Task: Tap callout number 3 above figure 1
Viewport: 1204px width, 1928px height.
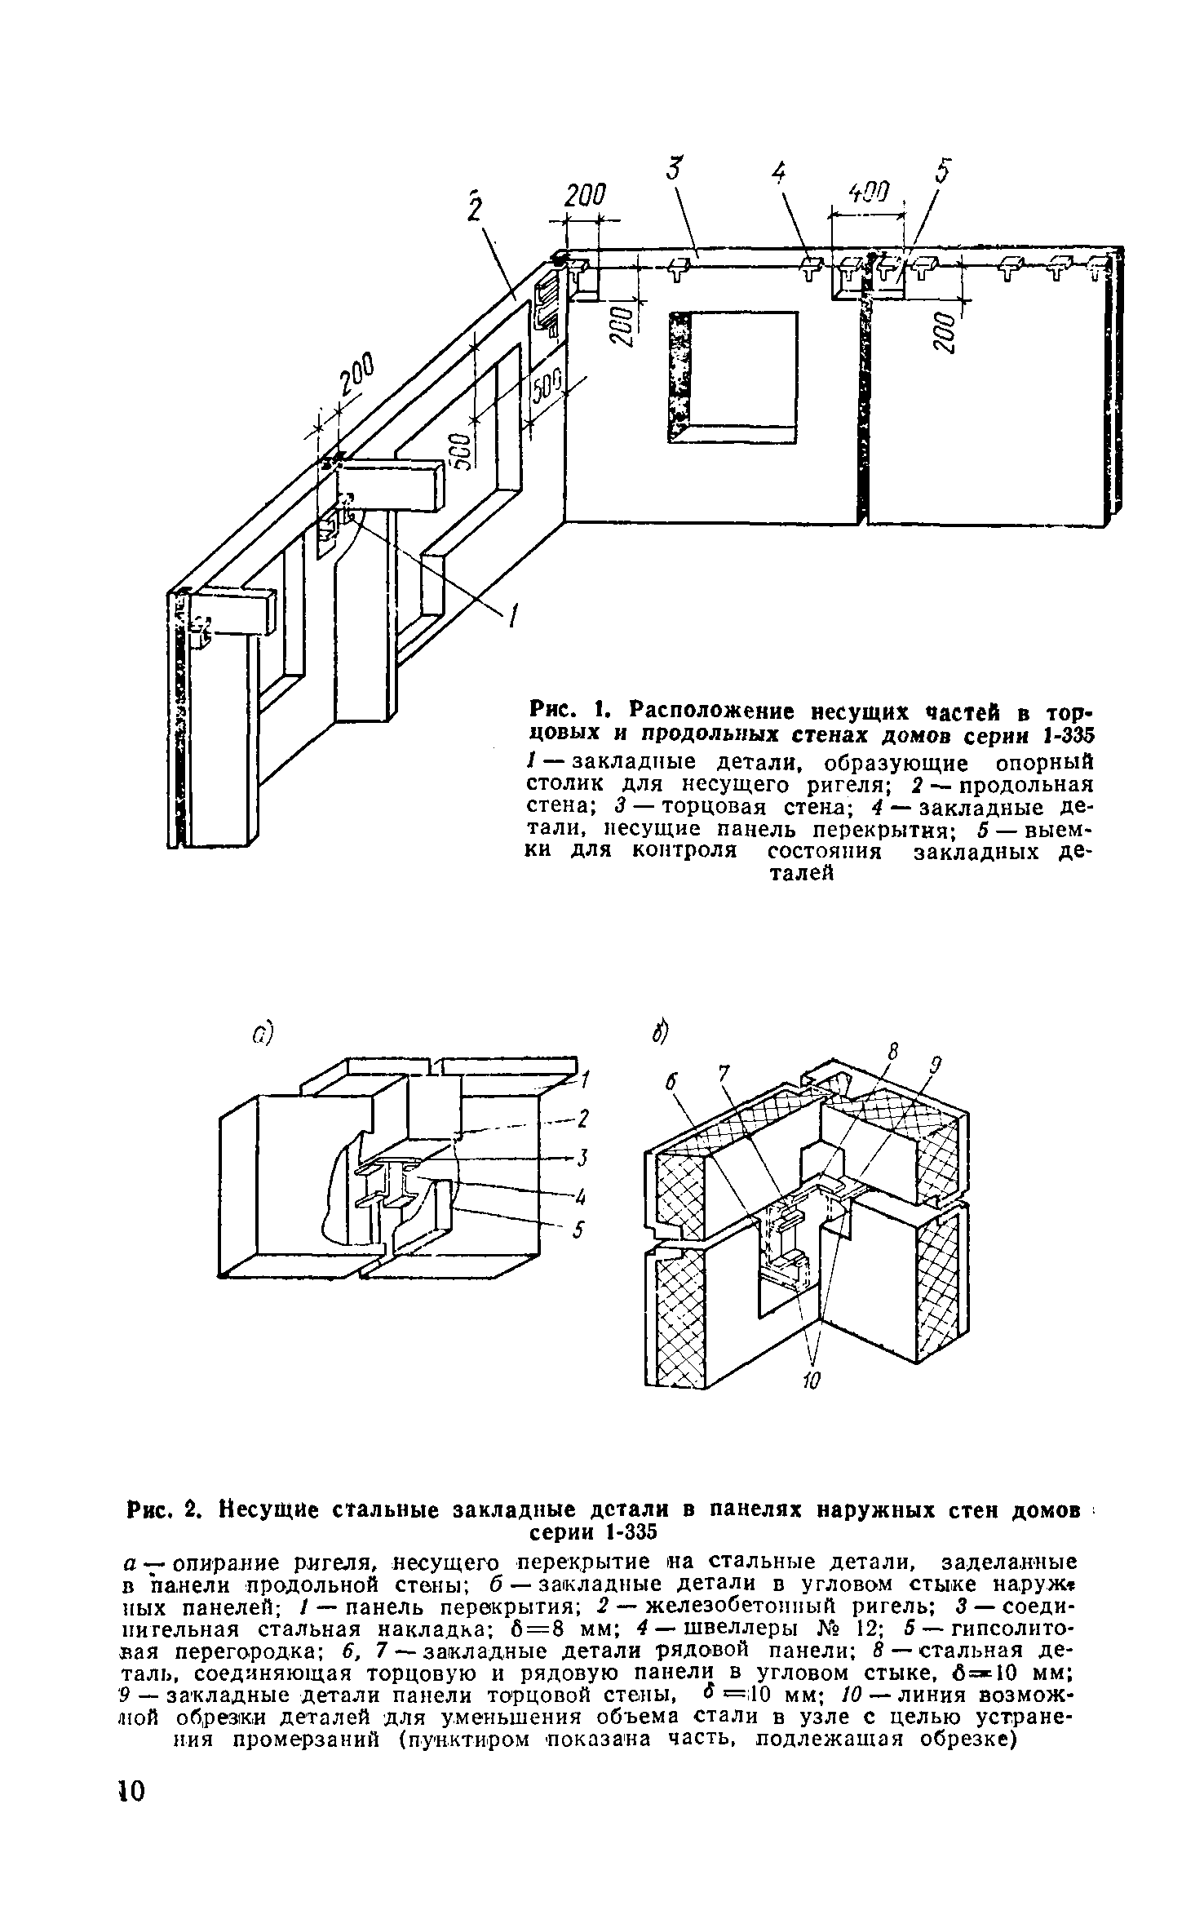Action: click(673, 171)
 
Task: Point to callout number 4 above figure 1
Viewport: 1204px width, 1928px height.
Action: click(779, 173)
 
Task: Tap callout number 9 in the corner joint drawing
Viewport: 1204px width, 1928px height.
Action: click(937, 1064)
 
